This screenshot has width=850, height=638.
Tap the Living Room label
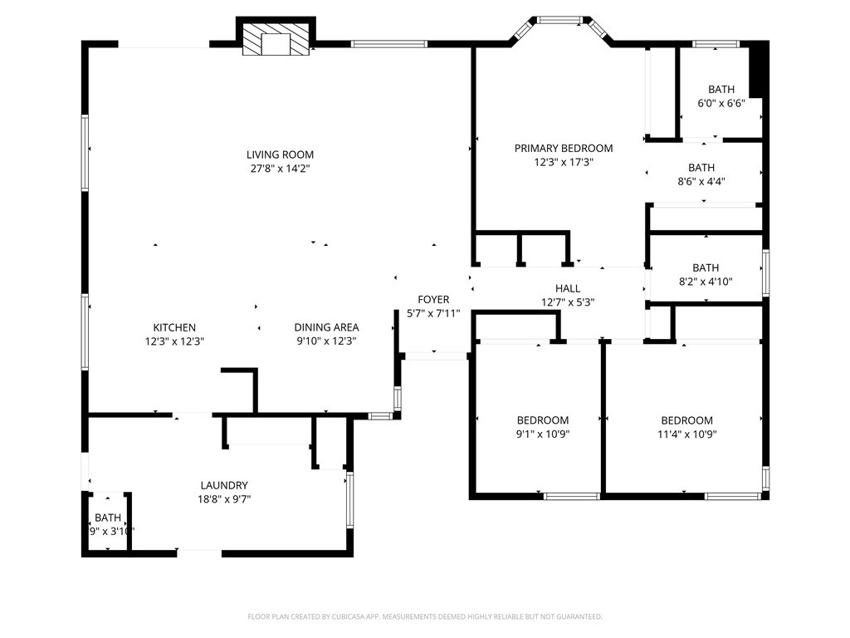tap(280, 155)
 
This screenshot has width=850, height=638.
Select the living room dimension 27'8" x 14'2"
tap(280, 169)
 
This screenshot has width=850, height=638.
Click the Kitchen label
tap(174, 327)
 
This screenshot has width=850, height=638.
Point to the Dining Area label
tap(326, 327)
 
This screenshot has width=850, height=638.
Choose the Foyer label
tap(433, 300)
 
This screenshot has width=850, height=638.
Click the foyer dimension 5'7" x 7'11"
tap(433, 313)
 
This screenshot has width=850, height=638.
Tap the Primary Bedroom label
tap(564, 149)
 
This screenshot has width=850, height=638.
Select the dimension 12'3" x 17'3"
tap(564, 162)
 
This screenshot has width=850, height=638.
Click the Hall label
tap(568, 289)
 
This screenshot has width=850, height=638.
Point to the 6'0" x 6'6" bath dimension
tap(721, 104)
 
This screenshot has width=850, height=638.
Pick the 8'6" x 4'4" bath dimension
tap(701, 181)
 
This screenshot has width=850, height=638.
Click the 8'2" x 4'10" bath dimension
tap(706, 282)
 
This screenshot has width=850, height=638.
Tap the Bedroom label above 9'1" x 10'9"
tap(543, 420)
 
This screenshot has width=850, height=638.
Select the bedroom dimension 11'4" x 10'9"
tap(686, 434)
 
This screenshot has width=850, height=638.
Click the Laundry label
tap(224, 486)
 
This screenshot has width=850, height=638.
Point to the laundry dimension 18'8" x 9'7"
tap(224, 499)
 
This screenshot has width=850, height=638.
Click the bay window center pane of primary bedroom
tap(562, 18)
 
